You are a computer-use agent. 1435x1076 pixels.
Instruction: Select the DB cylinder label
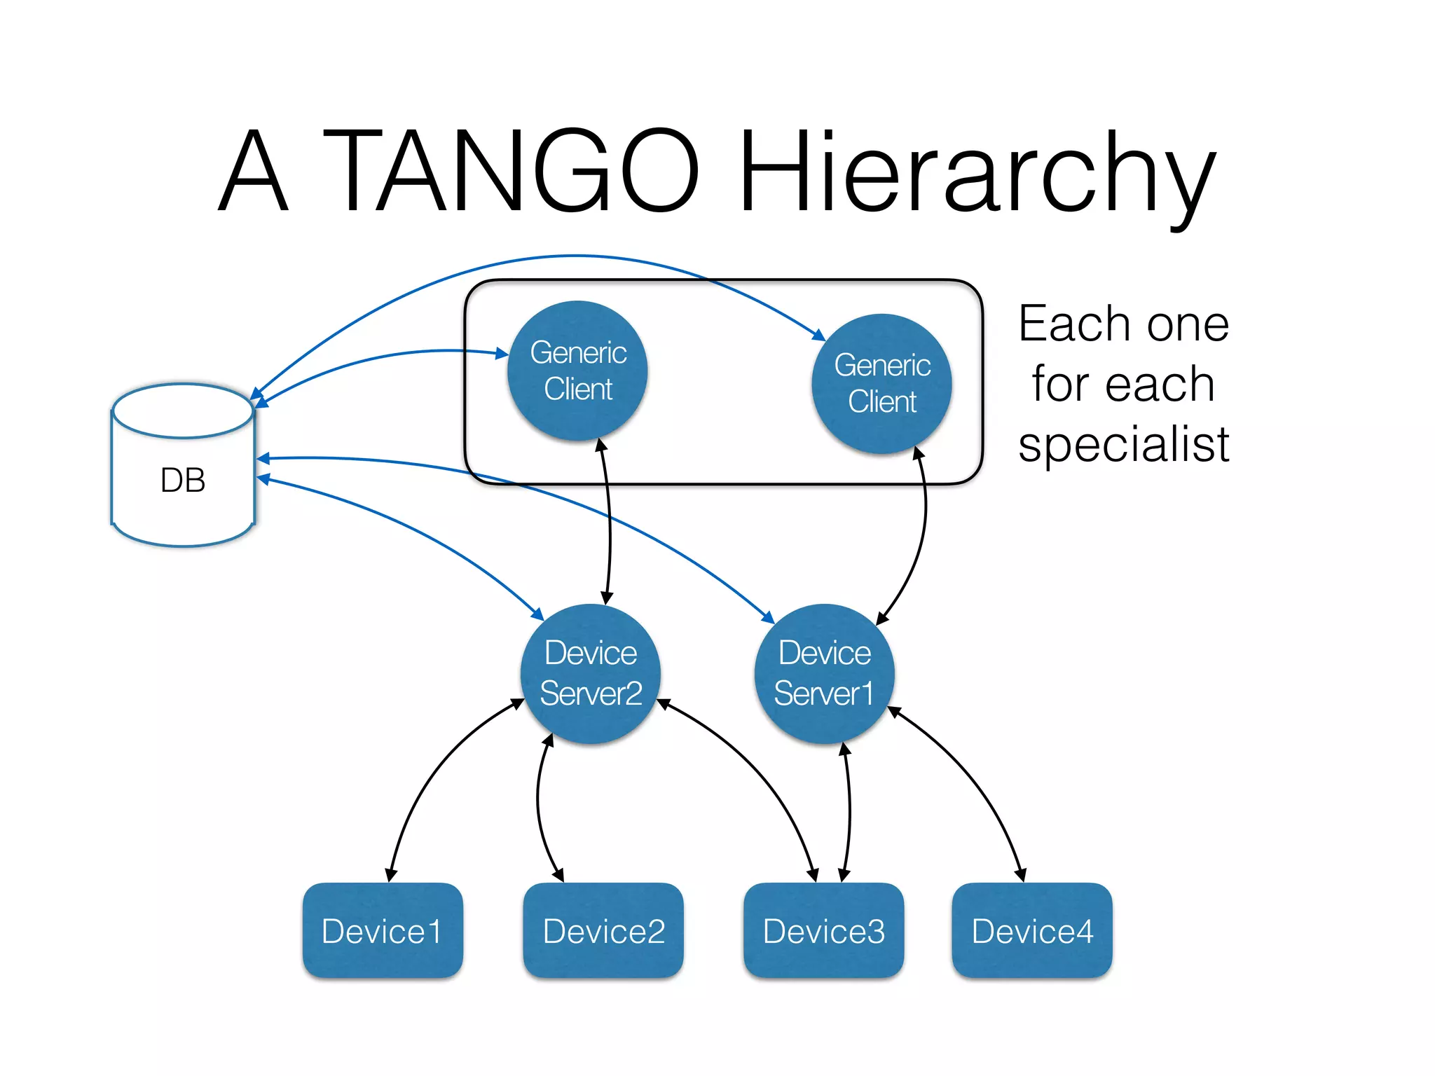click(x=183, y=481)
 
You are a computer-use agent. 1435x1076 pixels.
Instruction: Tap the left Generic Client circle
click(x=578, y=371)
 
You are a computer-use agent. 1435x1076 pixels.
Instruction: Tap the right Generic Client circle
click(x=881, y=383)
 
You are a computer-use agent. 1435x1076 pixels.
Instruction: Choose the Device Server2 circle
click(x=591, y=673)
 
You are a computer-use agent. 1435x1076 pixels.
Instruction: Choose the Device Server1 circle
click(x=824, y=673)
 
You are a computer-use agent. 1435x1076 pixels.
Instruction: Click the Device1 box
click(x=383, y=930)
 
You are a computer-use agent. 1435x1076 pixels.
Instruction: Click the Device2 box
click(x=603, y=930)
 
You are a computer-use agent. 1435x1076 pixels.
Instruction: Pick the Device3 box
click(x=823, y=930)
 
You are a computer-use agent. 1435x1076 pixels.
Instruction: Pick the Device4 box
click(x=1031, y=930)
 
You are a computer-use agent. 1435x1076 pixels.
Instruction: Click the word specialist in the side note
click(x=1124, y=444)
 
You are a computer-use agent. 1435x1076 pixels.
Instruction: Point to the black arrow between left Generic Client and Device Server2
click(x=610, y=522)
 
